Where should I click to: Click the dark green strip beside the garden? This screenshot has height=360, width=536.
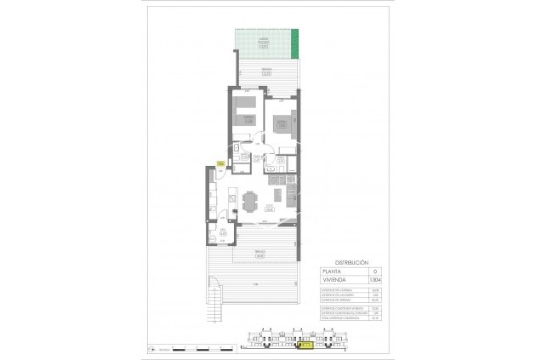pos(296,40)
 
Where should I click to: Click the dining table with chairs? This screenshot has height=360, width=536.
pos(249,202)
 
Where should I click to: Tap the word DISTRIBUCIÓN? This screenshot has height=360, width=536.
pos(351,263)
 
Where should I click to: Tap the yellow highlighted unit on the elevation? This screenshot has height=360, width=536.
pos(304,346)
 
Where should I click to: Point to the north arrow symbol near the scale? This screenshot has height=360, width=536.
pos(151,347)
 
